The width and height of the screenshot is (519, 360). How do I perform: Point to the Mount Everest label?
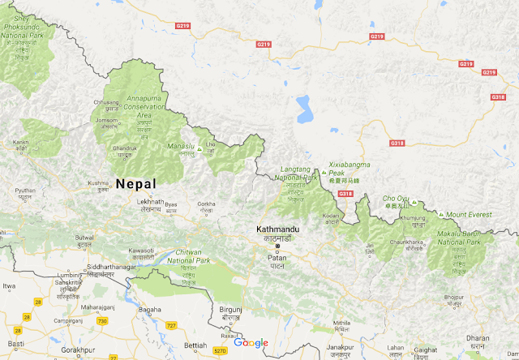click(x=470, y=215)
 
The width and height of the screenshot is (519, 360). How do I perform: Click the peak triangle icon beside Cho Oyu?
click(x=414, y=201)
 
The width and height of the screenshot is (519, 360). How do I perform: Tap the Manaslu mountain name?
click(x=181, y=147)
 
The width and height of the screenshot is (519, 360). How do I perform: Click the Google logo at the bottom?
click(x=251, y=343)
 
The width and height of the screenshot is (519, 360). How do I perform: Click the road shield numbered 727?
click(x=170, y=325)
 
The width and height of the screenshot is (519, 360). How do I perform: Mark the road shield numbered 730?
click(x=102, y=322)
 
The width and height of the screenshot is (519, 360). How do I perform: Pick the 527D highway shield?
click(x=220, y=352)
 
